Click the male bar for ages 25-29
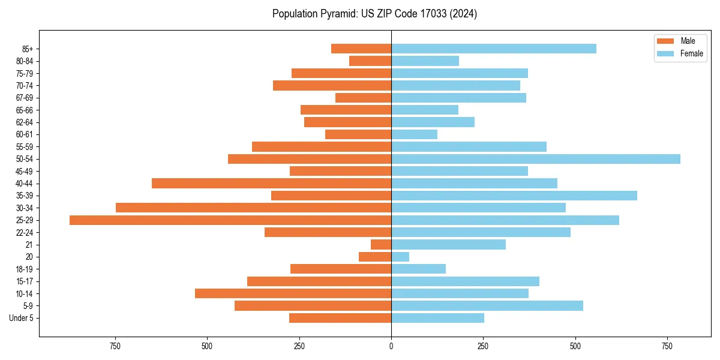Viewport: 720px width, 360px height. point(230,220)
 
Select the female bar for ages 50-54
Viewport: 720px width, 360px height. point(536,159)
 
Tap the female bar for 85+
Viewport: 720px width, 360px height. point(494,49)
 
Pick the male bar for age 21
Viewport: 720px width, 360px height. point(381,245)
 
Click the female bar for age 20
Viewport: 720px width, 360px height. point(400,257)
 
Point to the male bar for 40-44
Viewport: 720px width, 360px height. point(271,184)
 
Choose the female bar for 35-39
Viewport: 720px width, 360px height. point(514,196)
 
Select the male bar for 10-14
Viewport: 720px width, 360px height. point(293,293)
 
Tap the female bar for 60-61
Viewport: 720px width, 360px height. point(414,134)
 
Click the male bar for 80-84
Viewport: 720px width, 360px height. point(370,61)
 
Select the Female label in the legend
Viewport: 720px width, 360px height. point(691,53)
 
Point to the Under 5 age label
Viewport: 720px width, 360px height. point(21,318)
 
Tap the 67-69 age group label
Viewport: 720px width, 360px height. point(25,98)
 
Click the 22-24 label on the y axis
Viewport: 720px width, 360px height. point(25,232)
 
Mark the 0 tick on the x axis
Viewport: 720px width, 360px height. point(391,346)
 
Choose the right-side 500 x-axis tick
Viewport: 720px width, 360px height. point(575,346)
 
